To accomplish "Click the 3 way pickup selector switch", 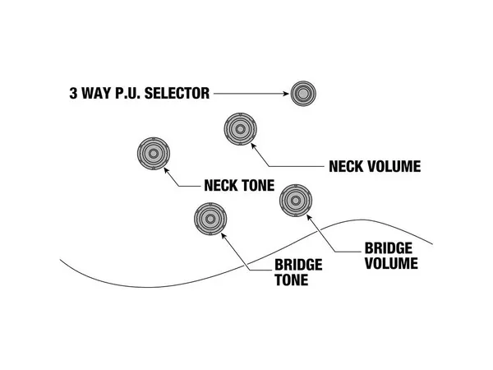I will pos(302,94).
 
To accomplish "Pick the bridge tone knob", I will pos(210,219).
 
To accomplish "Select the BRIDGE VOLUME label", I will pos(391,256).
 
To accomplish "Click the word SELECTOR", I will pos(174,94).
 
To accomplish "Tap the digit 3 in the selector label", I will pos(74,94).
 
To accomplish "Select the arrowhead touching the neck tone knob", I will pos(168,169).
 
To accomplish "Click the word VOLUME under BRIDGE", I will pos(391,264).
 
